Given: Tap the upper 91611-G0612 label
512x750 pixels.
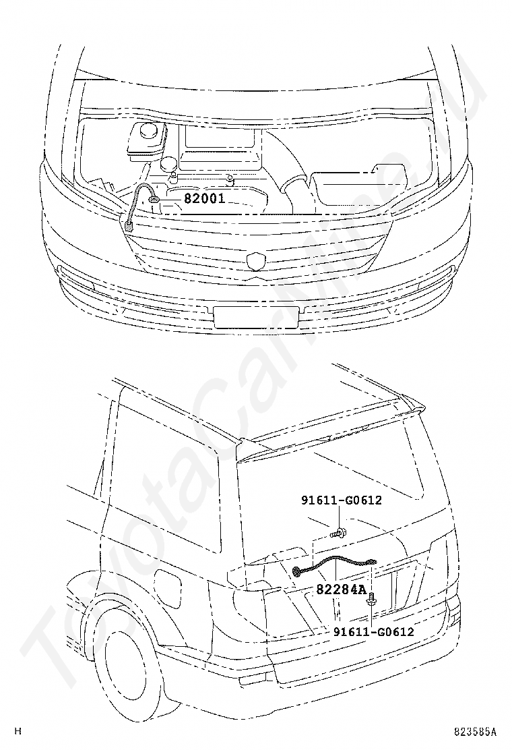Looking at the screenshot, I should [x=341, y=500].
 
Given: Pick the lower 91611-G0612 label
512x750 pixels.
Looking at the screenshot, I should [x=373, y=632].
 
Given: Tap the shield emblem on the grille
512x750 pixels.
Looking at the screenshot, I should [x=255, y=260].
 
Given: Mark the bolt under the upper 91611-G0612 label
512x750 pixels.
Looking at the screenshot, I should [x=338, y=531].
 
